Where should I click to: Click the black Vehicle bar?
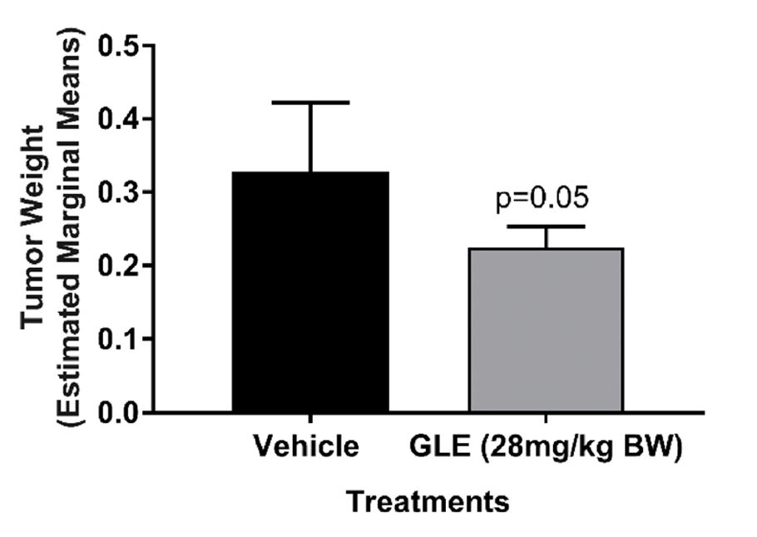coord(310,291)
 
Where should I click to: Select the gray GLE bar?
coord(546,330)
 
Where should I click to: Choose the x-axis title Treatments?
coord(427,502)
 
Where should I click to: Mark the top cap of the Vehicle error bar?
coord(310,102)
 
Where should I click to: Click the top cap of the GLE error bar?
coord(546,226)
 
